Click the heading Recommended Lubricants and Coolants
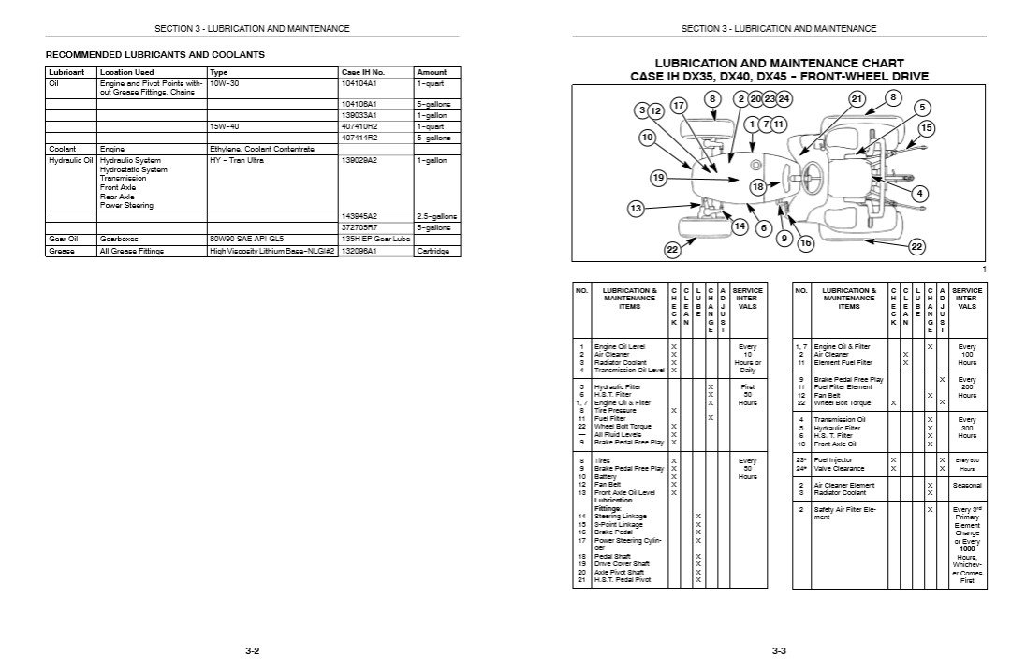coord(155,55)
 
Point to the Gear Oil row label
coord(63,239)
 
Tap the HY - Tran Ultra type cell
coord(239,160)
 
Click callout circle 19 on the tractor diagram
coord(658,177)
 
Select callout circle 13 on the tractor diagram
coord(637,208)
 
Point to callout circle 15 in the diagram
coord(926,127)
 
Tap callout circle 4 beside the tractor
coord(920,194)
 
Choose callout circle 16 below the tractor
coord(805,242)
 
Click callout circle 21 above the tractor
coord(856,99)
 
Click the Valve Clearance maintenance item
coord(839,468)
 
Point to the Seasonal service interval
coord(967,485)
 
